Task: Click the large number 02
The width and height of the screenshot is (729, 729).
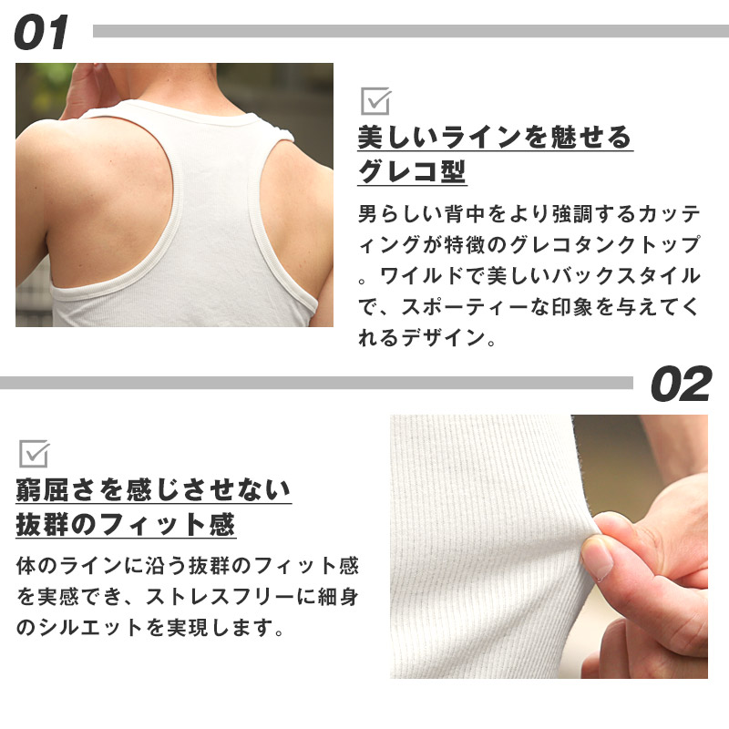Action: [680, 385]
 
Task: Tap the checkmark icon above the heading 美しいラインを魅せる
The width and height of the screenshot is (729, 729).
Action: [375, 100]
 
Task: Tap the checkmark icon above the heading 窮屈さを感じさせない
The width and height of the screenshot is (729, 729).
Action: [34, 453]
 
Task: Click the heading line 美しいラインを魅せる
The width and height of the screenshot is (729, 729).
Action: [494, 138]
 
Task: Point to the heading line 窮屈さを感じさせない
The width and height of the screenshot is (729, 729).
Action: [153, 491]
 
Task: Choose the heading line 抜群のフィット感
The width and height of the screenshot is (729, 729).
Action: [126, 525]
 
